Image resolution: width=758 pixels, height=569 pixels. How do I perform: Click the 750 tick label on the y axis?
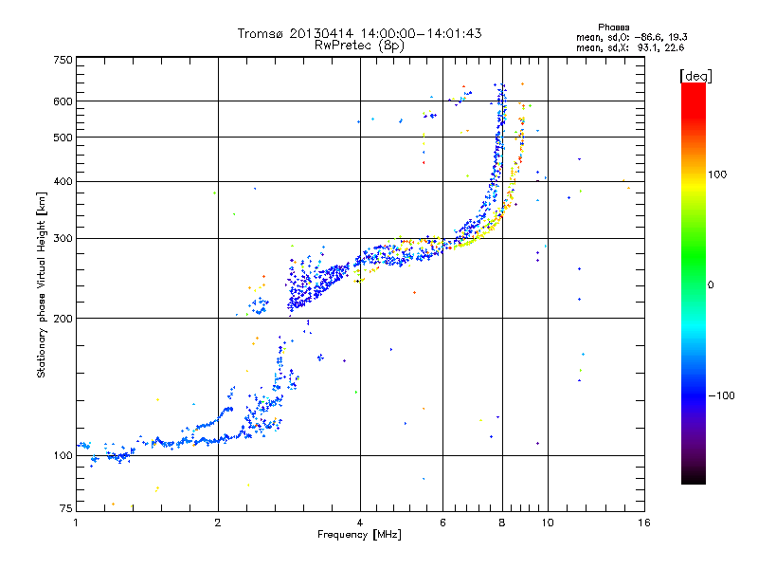63,60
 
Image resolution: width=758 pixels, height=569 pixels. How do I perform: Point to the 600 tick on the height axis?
63,101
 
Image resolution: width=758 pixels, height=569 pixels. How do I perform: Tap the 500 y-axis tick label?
63,138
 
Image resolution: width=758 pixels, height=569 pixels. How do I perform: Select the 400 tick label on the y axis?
63,181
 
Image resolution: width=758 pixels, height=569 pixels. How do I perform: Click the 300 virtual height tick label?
63,238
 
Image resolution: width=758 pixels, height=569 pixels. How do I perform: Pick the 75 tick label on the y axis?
65,510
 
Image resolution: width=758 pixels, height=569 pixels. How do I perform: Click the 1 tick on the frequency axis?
76,522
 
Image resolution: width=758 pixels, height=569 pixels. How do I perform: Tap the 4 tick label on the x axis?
360,522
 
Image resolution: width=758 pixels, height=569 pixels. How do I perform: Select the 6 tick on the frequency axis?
443,522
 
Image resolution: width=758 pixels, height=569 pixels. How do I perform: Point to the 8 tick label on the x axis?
503,522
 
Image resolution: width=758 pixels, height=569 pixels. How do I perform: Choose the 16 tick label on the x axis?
643,522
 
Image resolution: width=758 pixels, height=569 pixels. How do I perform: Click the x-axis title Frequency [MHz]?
360,536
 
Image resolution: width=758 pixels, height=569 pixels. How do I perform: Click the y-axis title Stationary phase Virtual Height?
42,284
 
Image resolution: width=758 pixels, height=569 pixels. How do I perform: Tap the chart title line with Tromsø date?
360,33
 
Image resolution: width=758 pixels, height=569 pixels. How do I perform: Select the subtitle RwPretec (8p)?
360,45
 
